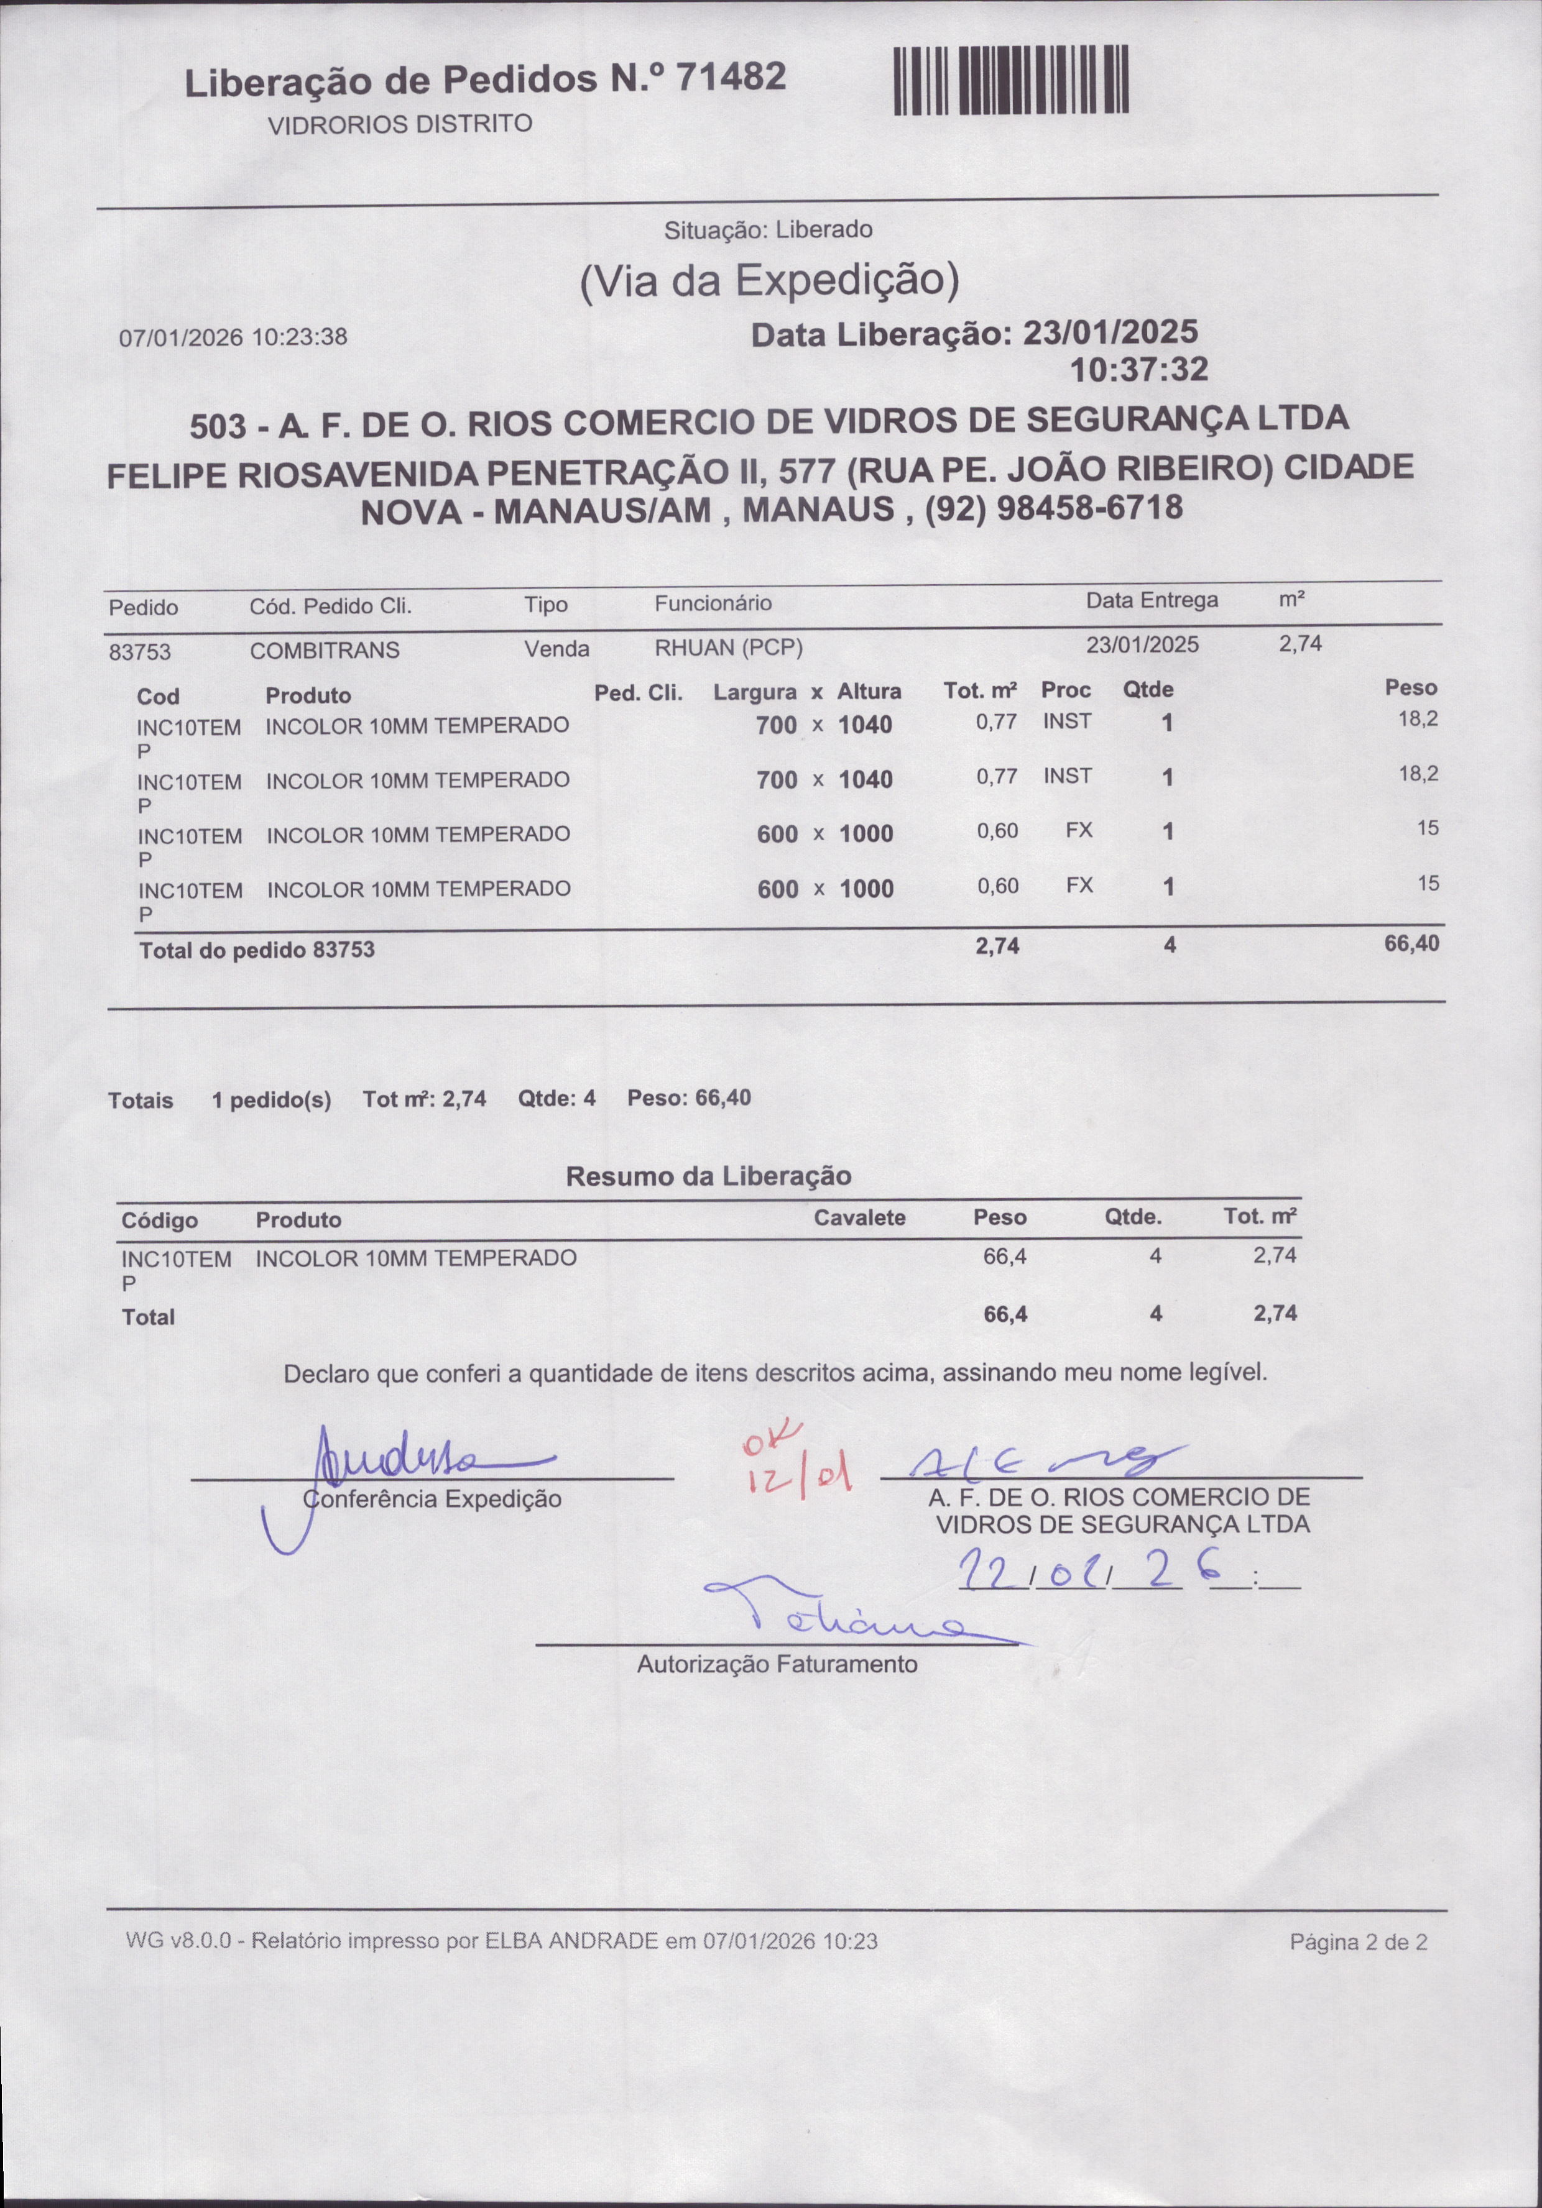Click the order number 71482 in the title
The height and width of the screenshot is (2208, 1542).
[732, 77]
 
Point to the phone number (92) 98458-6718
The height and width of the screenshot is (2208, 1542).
[1053, 507]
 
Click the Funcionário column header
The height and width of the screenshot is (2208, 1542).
[713, 603]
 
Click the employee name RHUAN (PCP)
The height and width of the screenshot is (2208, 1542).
[728, 648]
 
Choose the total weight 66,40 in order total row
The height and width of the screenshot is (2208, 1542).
[1411, 943]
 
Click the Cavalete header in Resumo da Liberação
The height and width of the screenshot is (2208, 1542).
[859, 1217]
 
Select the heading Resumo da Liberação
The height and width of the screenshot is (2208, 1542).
[708, 1176]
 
